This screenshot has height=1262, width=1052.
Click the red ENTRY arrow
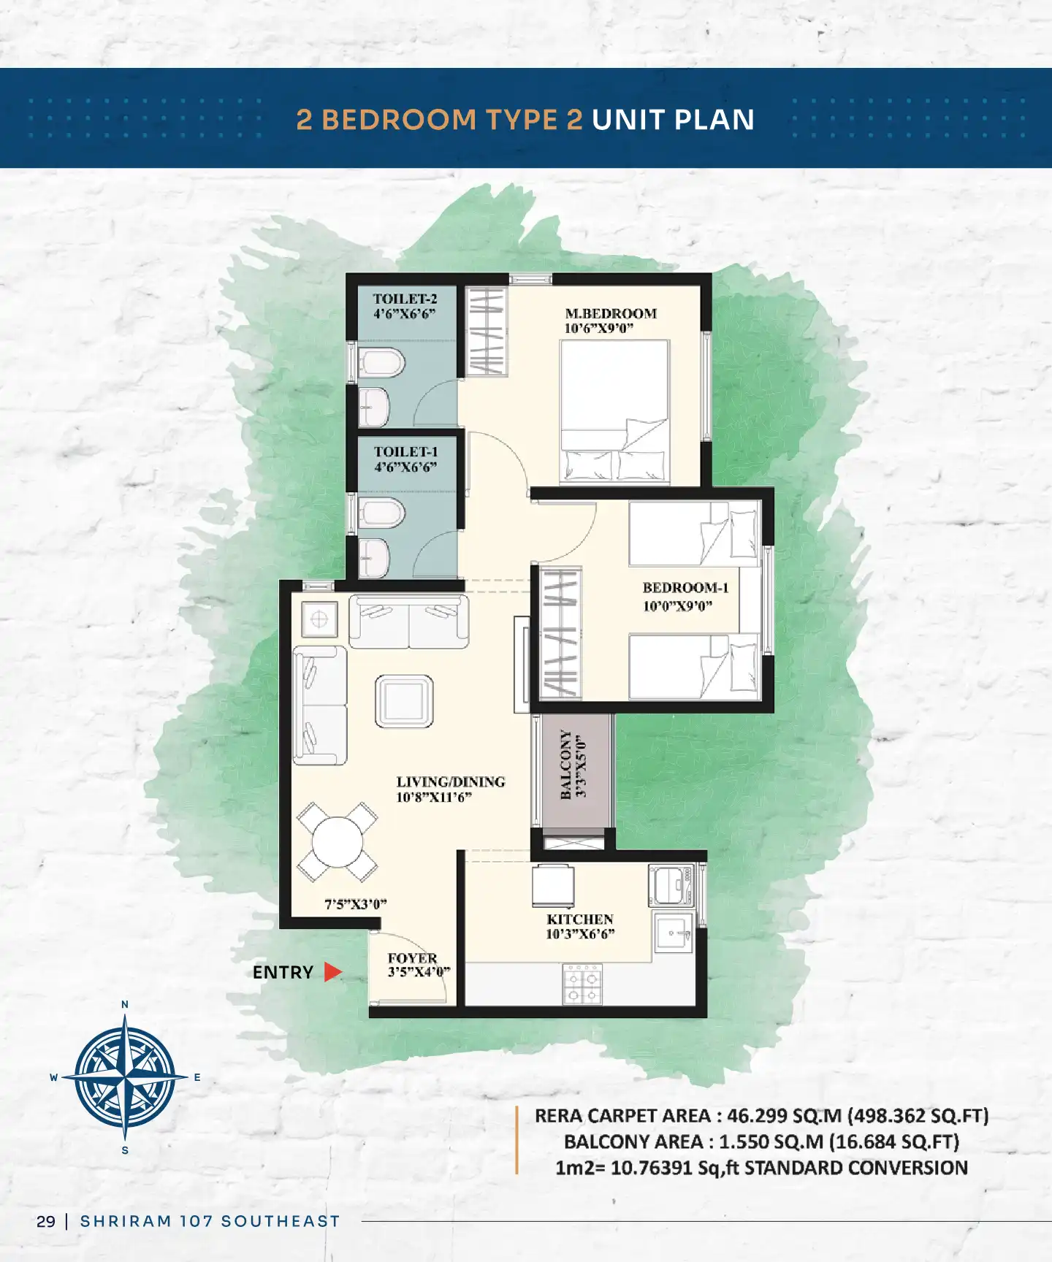(333, 972)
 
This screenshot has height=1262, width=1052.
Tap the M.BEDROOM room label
(611, 313)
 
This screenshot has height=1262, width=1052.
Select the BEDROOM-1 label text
(685, 588)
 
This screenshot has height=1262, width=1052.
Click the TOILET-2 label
(405, 299)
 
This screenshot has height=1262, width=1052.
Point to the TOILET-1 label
(406, 452)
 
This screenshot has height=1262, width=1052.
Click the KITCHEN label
(580, 919)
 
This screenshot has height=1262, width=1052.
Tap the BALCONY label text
(565, 765)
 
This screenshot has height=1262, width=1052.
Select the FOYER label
(413, 958)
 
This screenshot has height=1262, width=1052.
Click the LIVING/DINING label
(451, 781)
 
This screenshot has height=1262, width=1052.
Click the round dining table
(338, 842)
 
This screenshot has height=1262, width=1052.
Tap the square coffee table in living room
(404, 701)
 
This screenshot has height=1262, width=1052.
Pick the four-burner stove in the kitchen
(582, 984)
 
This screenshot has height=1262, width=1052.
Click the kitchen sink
(674, 933)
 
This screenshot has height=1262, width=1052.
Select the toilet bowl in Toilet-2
(381, 362)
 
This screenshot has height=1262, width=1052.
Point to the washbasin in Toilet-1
(374, 557)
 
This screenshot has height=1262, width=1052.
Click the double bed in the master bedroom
(614, 411)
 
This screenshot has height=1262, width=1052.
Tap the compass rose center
(125, 1077)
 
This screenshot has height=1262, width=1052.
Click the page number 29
(46, 1221)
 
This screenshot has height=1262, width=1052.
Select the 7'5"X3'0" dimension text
(356, 904)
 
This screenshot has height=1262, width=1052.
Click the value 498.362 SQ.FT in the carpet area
(918, 1116)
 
